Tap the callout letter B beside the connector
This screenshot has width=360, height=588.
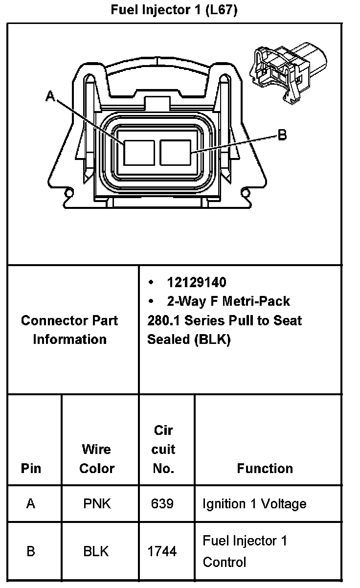click(282, 135)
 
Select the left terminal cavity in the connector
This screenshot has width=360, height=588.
click(138, 152)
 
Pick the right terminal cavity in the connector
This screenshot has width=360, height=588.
click(175, 152)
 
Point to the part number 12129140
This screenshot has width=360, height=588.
click(197, 282)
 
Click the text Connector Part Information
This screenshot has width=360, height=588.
click(69, 330)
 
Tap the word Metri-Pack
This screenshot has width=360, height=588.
click(256, 301)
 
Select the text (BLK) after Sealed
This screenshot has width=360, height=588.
click(211, 339)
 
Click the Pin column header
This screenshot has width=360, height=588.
click(31, 468)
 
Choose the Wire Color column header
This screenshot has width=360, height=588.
click(97, 458)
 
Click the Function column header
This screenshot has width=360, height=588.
click(265, 468)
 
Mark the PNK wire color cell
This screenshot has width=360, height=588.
click(97, 503)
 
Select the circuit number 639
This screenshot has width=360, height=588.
click(162, 503)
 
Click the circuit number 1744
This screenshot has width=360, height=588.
click(162, 551)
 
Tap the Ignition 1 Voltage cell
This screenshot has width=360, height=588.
click(254, 503)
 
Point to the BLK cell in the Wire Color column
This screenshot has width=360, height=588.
click(96, 551)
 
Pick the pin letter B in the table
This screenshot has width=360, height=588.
click(31, 551)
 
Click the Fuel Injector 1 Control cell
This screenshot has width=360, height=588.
click(245, 551)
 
